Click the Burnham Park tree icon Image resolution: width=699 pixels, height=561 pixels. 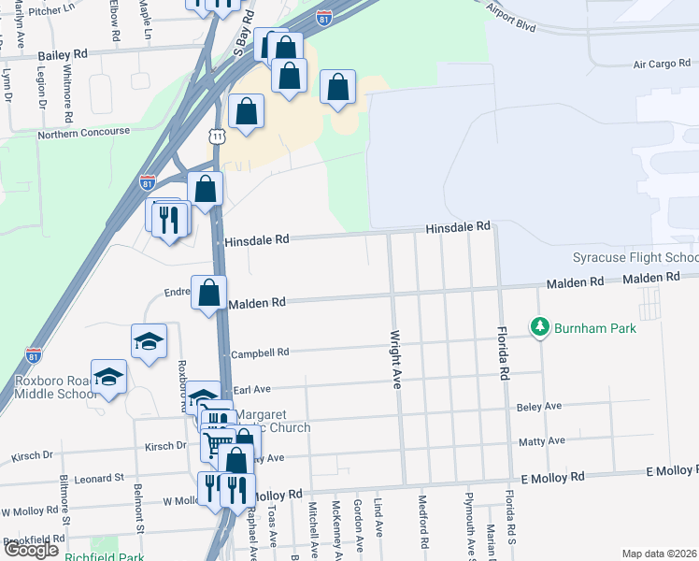tap(539, 328)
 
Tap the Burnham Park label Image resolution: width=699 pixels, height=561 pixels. tap(594, 328)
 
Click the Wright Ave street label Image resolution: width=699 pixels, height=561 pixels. tap(395, 358)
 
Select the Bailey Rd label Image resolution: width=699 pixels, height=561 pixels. tap(63, 55)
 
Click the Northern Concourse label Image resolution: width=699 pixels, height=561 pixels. tap(83, 133)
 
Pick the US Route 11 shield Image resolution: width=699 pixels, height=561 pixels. tap(217, 137)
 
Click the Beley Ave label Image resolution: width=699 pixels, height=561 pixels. tap(539, 406)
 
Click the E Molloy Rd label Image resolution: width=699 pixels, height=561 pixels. tap(552, 477)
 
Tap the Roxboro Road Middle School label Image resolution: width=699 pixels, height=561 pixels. tap(56, 387)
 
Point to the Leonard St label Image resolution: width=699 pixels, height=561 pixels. tap(99, 478)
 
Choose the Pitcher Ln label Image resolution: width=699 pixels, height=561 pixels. tap(52, 8)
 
